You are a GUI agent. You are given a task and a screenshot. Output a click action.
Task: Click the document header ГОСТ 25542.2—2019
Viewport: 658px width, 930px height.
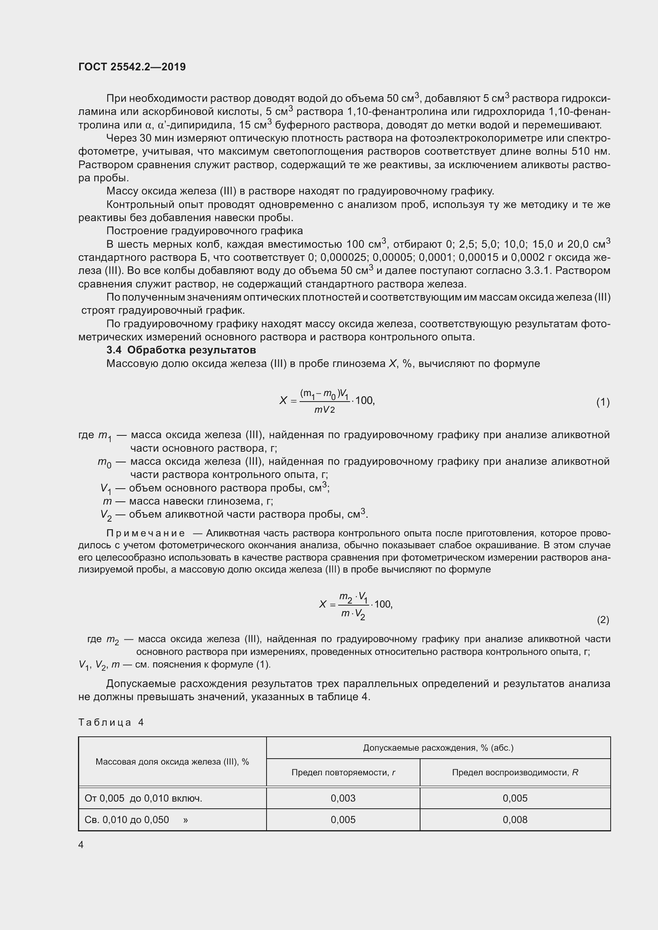pyautogui.click(x=132, y=67)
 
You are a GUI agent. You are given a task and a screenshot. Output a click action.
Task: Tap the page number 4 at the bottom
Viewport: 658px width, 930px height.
pyautogui.click(x=81, y=845)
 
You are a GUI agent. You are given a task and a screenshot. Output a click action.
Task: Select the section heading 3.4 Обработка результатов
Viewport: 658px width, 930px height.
pyautogui.click(x=181, y=350)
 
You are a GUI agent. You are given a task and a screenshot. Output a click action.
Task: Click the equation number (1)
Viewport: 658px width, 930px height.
pyautogui.click(x=602, y=402)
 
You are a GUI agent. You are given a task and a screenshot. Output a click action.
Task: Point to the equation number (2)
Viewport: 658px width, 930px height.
pyautogui.click(x=602, y=620)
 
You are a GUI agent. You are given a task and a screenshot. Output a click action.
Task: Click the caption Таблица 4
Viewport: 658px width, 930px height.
pyautogui.click(x=111, y=722)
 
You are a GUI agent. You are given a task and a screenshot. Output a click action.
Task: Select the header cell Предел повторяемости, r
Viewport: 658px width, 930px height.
pyautogui.click(x=343, y=773)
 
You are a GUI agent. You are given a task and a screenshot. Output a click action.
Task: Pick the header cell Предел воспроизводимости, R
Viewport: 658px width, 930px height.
pyautogui.click(x=514, y=773)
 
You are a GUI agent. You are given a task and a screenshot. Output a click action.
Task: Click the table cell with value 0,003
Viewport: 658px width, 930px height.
pyautogui.click(x=343, y=798)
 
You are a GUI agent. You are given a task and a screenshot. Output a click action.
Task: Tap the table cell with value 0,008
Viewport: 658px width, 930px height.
pyautogui.click(x=514, y=820)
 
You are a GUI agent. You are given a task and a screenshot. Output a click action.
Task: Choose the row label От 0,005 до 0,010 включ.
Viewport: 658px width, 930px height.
pyautogui.click(x=143, y=798)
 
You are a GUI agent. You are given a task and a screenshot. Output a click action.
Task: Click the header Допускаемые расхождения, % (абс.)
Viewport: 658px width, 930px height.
pyautogui.click(x=438, y=748)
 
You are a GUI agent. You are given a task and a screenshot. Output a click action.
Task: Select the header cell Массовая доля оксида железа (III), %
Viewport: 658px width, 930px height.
pyautogui.click(x=172, y=761)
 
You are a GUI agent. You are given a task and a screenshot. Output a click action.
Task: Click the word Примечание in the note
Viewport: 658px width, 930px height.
pyautogui.click(x=146, y=534)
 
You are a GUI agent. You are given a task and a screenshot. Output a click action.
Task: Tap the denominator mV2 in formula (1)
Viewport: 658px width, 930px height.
pyautogui.click(x=324, y=410)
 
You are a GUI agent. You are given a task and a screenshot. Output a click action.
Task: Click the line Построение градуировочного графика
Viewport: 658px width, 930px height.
pyautogui.click(x=204, y=231)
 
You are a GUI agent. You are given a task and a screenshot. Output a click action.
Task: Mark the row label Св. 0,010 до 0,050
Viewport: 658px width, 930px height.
pyautogui.click(x=127, y=820)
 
